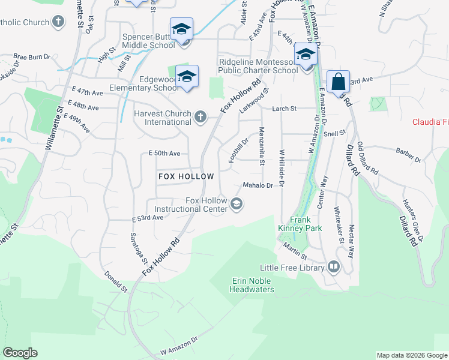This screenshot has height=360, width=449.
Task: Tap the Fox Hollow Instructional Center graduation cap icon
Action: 237,205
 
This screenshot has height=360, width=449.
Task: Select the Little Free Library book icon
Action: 334,267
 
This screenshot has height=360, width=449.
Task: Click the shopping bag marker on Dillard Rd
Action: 338,82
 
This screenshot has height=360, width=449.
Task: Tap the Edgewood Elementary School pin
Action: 188,76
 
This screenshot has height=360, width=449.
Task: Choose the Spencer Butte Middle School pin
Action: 181,29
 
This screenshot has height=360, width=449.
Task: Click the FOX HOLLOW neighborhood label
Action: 186,176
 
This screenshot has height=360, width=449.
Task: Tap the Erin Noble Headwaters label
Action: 252,285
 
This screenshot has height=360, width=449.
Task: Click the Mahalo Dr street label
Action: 262,185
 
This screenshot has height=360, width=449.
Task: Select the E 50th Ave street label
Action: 164,154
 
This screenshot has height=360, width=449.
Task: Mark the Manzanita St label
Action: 262,146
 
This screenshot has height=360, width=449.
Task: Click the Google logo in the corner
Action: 20,353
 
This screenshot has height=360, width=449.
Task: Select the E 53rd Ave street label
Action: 148,218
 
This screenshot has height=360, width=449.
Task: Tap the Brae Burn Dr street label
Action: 32,56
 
